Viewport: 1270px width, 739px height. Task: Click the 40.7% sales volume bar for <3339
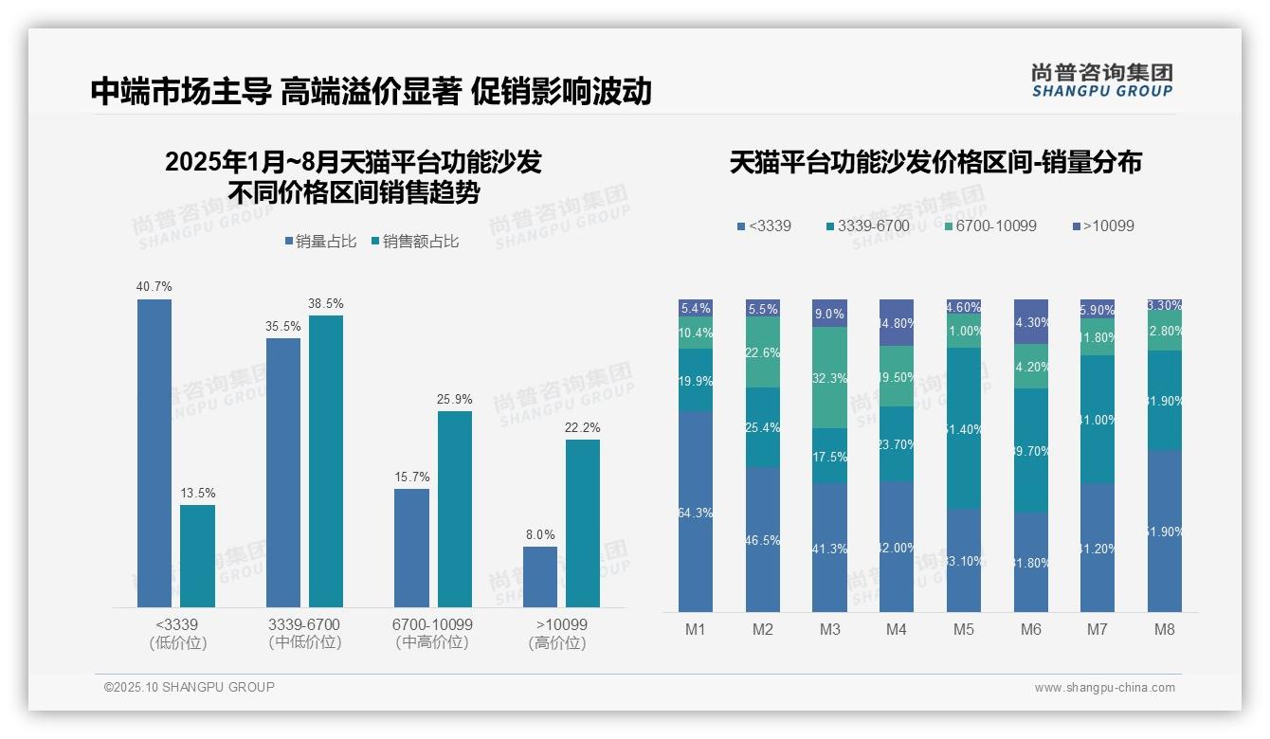pos(154,453)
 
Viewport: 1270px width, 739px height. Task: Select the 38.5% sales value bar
pos(326,460)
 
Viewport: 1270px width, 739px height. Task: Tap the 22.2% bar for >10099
pos(583,523)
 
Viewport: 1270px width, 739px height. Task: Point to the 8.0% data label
pos(540,535)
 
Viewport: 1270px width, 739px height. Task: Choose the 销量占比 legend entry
pos(320,242)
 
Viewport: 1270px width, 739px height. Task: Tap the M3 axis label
pos(829,629)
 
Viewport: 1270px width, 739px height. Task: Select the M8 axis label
pos(1165,629)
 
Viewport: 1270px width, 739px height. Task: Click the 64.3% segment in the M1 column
pos(696,512)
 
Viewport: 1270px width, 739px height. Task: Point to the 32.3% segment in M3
pos(829,377)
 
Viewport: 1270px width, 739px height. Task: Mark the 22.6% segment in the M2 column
pos(763,351)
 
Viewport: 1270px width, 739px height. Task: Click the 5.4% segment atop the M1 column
pos(696,308)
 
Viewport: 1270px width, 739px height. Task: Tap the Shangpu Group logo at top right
pos(1102,81)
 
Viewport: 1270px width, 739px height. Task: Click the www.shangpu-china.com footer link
pos(1104,688)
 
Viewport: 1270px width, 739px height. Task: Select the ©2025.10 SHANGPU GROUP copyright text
pos(190,687)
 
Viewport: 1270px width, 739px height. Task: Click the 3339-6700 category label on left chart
pos(303,633)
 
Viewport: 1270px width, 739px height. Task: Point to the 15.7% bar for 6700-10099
pos(411,548)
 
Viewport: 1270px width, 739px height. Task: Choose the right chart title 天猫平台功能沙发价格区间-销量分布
pos(935,163)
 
